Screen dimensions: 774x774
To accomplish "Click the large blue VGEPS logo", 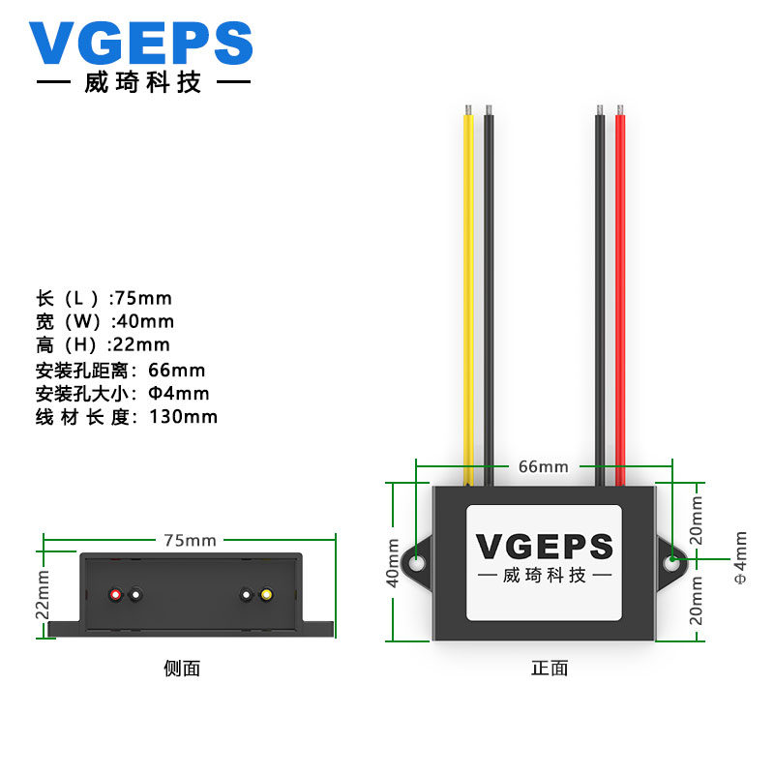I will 140,45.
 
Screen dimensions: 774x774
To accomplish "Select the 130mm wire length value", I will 184,417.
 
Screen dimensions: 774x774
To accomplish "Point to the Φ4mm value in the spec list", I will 178,394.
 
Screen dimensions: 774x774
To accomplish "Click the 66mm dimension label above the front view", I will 543,466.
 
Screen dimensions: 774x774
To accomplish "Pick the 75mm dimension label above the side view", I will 189,540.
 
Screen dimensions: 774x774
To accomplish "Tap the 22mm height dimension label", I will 42,596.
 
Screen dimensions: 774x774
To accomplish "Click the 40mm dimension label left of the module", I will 394,562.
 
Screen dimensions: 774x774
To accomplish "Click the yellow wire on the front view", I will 468,290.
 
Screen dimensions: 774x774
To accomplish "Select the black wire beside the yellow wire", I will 489,290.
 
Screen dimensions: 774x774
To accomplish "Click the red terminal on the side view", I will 116,594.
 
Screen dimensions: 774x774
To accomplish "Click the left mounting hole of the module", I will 418,562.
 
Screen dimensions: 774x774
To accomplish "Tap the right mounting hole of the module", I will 671,560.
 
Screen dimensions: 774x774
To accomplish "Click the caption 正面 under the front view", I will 550,668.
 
